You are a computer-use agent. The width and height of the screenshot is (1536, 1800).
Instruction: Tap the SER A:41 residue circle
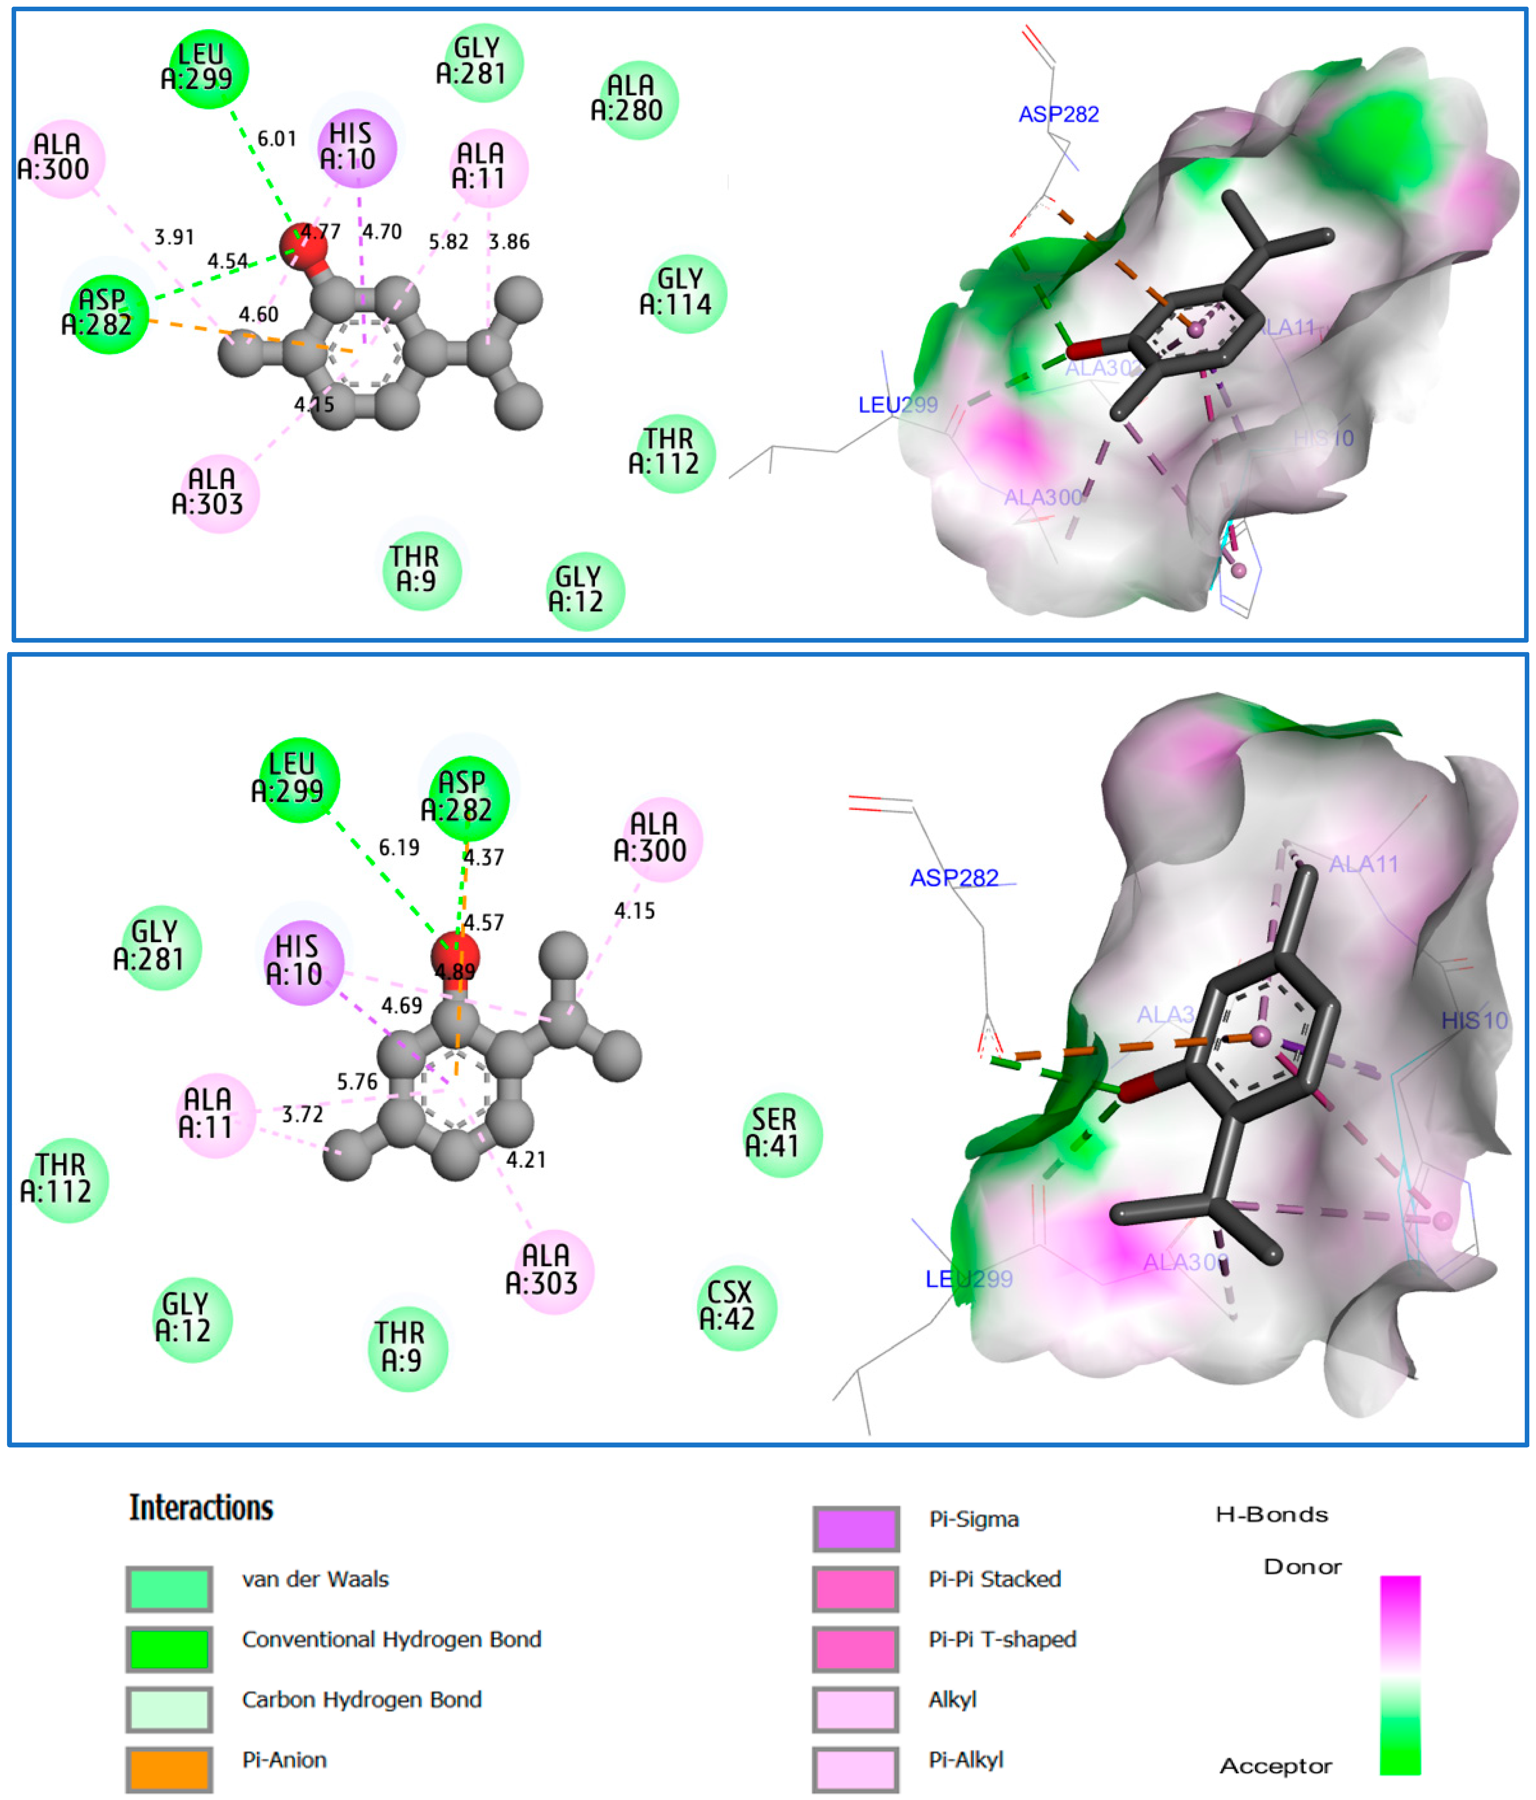tap(782, 1134)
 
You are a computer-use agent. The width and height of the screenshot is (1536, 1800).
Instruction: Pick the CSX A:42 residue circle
tap(737, 1307)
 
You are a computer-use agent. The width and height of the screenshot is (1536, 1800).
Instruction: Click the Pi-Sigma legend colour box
tap(856, 1529)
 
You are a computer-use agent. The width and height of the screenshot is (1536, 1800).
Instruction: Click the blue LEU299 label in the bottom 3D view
tap(969, 1279)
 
